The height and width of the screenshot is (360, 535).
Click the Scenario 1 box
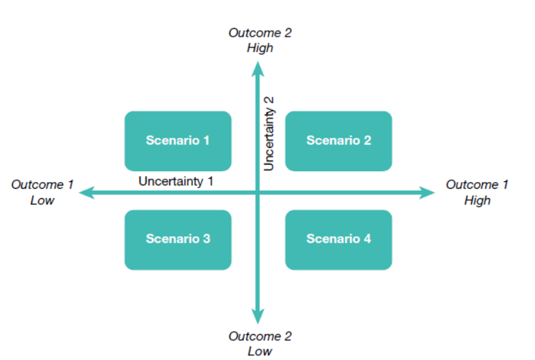(x=177, y=141)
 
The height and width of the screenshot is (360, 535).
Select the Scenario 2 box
(x=338, y=141)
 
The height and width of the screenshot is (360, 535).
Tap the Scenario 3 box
(x=177, y=240)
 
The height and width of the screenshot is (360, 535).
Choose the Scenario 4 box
(x=338, y=240)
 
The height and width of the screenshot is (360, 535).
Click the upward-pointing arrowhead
(x=258, y=69)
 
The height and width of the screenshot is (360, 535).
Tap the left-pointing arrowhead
(x=86, y=193)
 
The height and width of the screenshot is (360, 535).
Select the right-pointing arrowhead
(x=427, y=193)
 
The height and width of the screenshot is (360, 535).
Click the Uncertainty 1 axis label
(x=175, y=181)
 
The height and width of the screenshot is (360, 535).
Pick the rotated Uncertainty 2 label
(x=269, y=134)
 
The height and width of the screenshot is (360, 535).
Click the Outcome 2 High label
(x=260, y=40)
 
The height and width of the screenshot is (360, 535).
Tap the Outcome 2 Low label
(x=260, y=344)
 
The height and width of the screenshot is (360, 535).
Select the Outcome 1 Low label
(x=42, y=192)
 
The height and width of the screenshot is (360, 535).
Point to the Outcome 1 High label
(x=477, y=192)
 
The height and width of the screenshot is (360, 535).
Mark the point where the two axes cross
(x=258, y=193)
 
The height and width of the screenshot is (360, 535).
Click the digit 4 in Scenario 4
(x=367, y=239)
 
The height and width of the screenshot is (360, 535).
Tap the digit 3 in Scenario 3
(x=207, y=239)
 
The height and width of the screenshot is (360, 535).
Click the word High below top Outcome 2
(x=260, y=48)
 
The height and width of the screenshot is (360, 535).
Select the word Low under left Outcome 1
(x=42, y=201)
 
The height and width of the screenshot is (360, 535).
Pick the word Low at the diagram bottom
(x=260, y=351)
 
